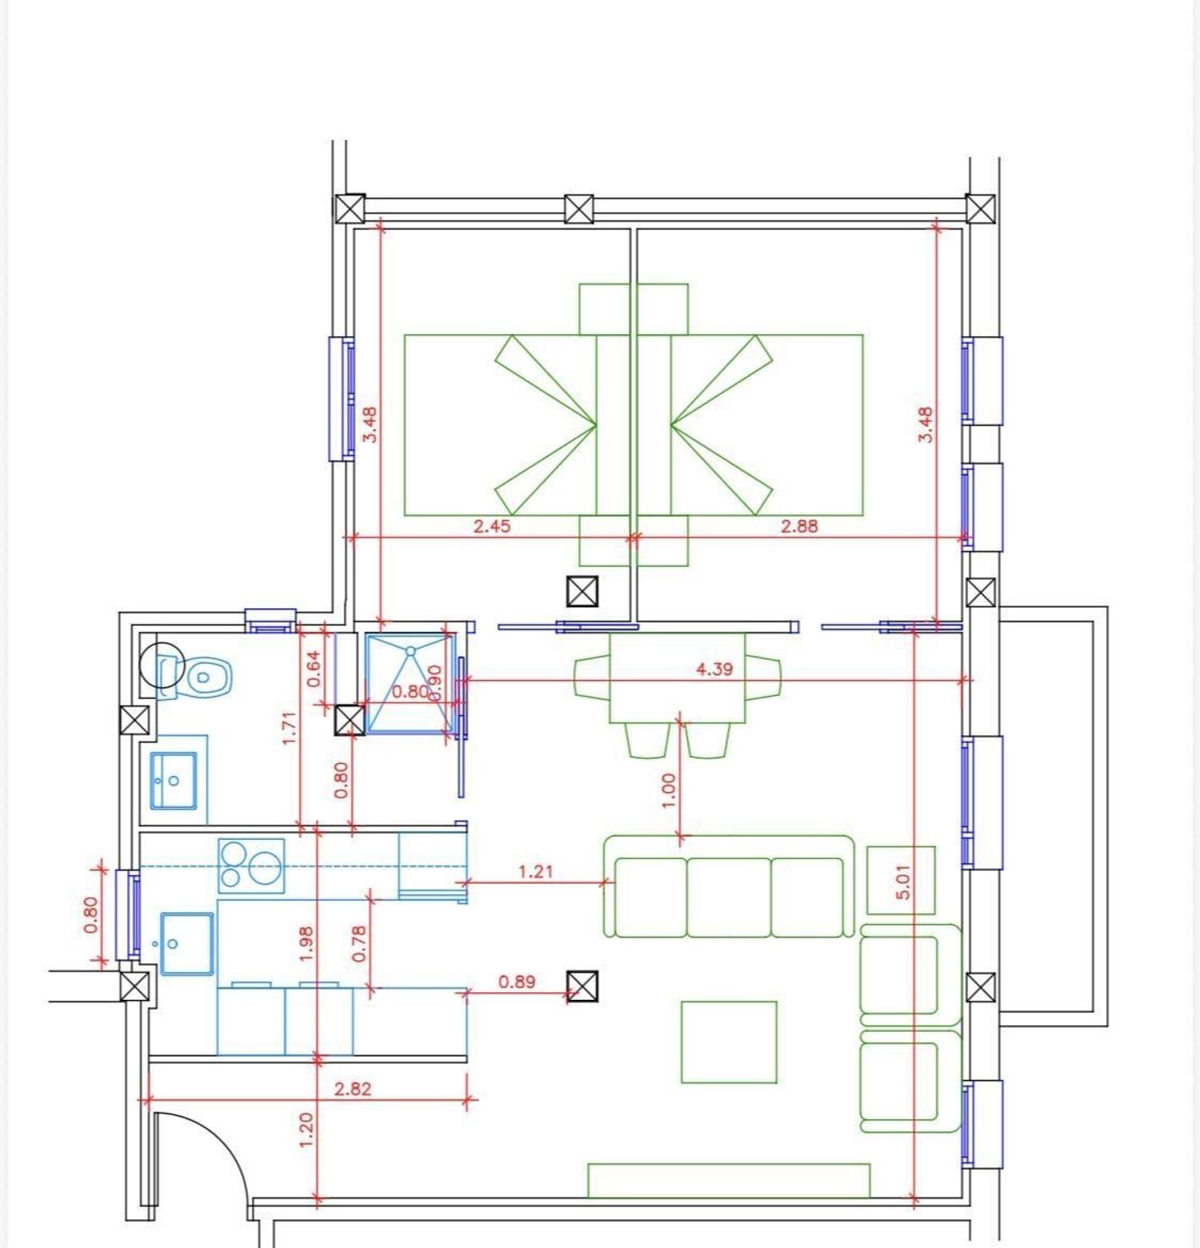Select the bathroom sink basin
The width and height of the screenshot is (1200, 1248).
(x=174, y=780)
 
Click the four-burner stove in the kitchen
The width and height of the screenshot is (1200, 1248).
(x=251, y=866)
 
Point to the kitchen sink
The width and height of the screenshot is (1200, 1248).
(x=187, y=944)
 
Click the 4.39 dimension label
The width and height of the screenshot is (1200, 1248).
(x=714, y=669)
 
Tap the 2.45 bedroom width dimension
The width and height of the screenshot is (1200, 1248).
(x=491, y=526)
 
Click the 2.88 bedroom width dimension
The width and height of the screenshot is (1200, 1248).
(x=799, y=526)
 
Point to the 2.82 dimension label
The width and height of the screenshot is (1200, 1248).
(x=352, y=1089)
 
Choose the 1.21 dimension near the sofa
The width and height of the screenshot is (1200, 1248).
(x=535, y=871)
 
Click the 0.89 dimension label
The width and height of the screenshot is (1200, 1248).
(x=516, y=982)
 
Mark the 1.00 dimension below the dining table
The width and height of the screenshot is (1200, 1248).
(x=670, y=790)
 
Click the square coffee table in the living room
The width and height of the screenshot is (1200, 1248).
(x=729, y=1042)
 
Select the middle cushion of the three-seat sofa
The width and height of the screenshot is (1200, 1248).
(x=728, y=897)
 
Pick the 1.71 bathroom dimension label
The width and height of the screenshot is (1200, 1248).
(x=290, y=728)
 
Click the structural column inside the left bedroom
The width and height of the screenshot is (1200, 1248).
(x=582, y=592)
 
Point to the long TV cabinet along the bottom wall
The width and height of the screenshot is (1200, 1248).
(x=729, y=1181)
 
